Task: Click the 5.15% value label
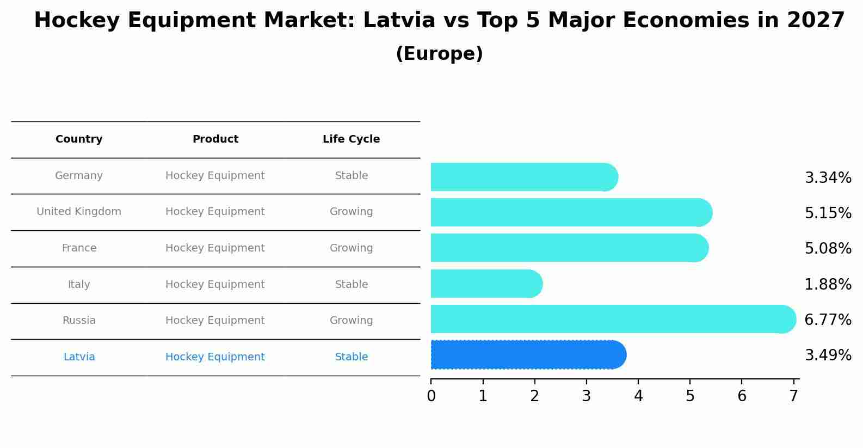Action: [x=828, y=213]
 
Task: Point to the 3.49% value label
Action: [x=828, y=355]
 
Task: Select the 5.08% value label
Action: [x=828, y=249]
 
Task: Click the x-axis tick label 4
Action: [x=638, y=396]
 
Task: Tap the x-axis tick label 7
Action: [x=794, y=396]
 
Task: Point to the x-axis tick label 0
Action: [x=431, y=396]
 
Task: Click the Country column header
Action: [x=79, y=139]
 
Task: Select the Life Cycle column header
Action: [x=351, y=139]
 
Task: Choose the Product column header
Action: [x=215, y=139]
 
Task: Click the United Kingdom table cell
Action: [x=79, y=212]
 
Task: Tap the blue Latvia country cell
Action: [x=79, y=357]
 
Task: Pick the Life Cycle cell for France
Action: [x=351, y=248]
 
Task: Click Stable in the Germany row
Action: [x=351, y=176]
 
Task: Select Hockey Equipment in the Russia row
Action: [x=215, y=321]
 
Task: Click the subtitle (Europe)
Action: [x=439, y=54]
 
